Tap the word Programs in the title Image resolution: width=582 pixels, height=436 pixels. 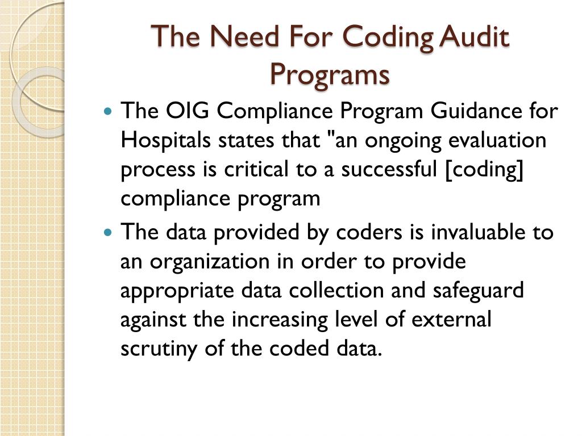(x=330, y=74)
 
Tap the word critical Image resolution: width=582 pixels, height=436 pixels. (x=251, y=170)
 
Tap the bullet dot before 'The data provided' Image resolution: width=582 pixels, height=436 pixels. (x=110, y=232)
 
